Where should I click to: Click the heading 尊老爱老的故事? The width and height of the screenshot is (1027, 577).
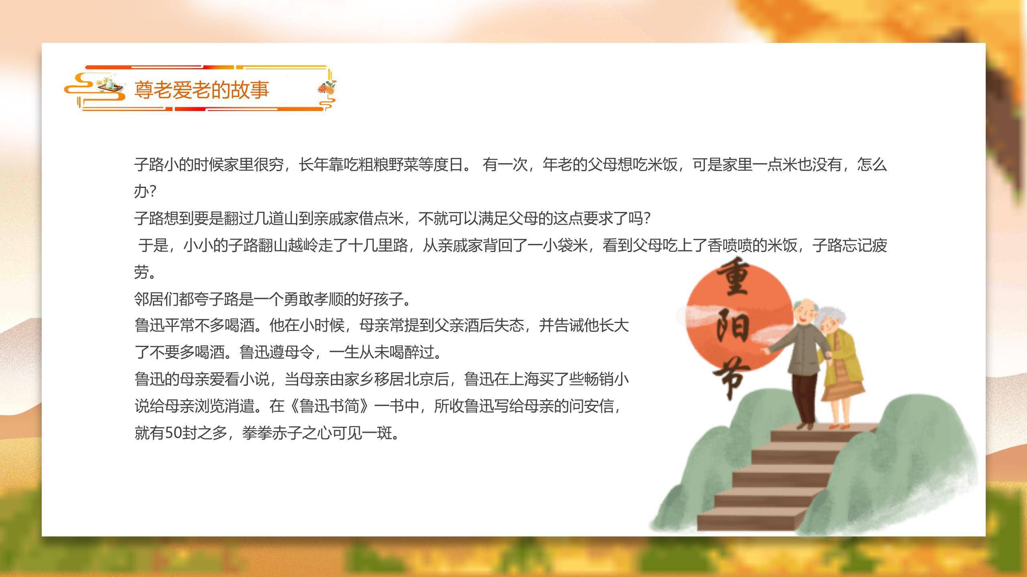pos(201,89)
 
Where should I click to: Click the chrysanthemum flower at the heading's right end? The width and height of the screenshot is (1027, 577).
pos(326,88)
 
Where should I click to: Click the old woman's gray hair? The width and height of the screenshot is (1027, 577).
pos(834,317)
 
